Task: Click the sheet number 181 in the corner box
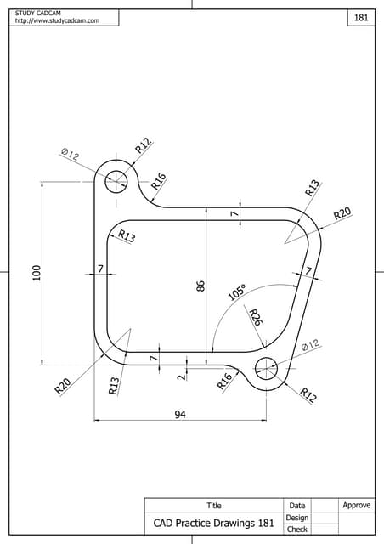(361, 18)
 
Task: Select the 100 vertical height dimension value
(36, 273)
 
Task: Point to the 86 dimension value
(201, 286)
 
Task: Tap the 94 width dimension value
(180, 414)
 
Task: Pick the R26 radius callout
(254, 317)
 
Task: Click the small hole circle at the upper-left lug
(116, 180)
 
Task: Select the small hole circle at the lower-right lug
(266, 367)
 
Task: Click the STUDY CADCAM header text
(37, 12)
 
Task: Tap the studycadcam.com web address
(57, 20)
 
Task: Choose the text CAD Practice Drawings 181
(214, 524)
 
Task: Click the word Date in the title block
(297, 506)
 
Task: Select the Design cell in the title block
(297, 518)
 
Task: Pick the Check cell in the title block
(297, 530)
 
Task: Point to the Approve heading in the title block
(357, 506)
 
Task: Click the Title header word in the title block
(214, 506)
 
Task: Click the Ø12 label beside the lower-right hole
(310, 344)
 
